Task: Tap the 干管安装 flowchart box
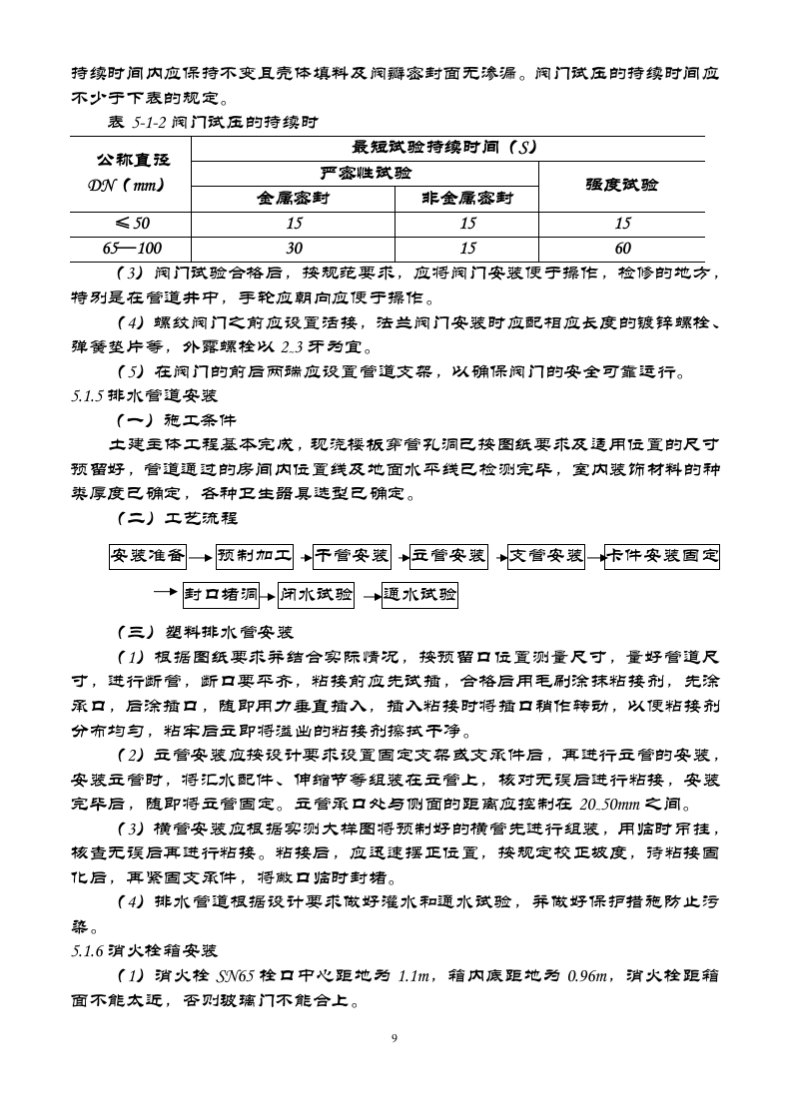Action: [x=352, y=556]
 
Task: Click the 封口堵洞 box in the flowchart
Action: [x=221, y=596]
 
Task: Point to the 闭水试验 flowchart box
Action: [x=317, y=596]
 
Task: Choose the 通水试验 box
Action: [x=419, y=596]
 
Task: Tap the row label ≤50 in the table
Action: [x=128, y=223]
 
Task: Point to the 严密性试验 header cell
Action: [x=365, y=173]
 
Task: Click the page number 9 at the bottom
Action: [x=396, y=1039]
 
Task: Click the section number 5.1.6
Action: [x=88, y=951]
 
